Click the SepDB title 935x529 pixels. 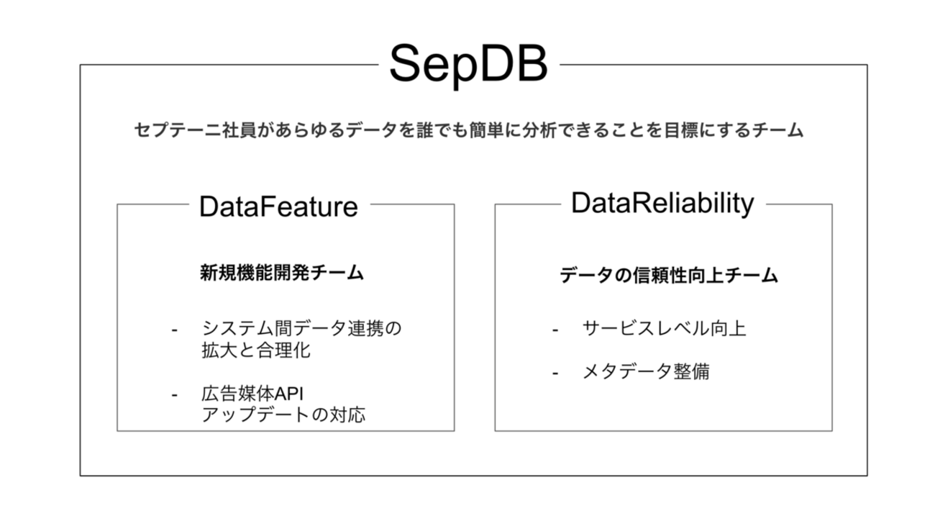[468, 65]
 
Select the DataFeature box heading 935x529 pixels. [279, 207]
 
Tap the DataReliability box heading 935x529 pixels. [663, 204]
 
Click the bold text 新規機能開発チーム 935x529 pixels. [282, 273]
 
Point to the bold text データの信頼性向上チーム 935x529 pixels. [669, 276]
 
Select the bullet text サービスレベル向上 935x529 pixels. [664, 328]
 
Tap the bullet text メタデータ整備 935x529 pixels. [646, 371]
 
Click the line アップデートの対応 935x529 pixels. [283, 415]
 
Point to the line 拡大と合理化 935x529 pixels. [256, 351]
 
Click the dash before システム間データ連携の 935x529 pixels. [175, 330]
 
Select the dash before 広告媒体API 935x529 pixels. [175, 395]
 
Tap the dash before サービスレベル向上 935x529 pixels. [555, 330]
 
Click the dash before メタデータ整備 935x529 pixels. [555, 373]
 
